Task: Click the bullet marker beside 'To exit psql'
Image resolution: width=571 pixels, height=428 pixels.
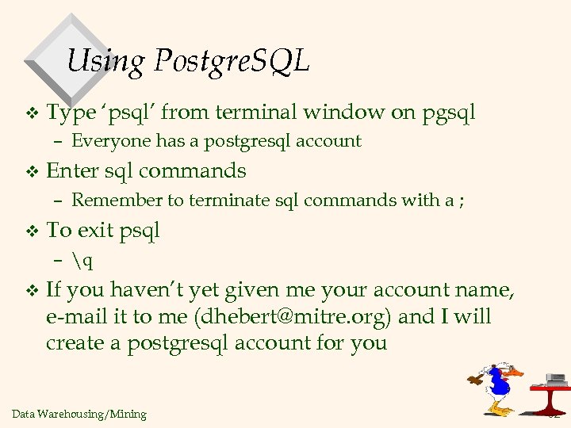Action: [32, 231]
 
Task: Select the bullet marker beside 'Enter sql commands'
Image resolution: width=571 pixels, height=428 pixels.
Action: [32, 171]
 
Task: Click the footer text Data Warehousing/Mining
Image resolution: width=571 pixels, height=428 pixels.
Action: [79, 414]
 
